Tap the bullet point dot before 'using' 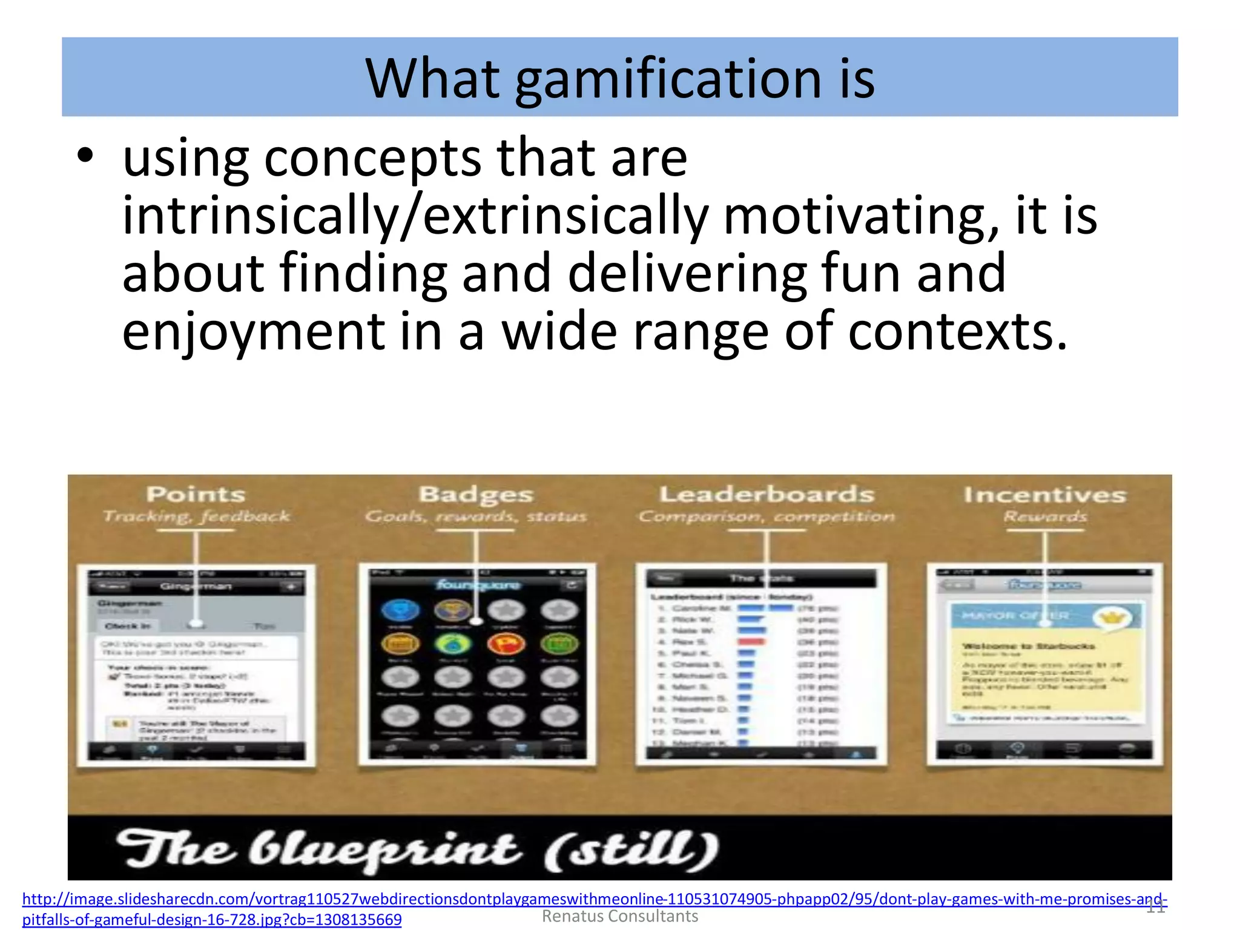[x=85, y=156]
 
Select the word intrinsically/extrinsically [x=415, y=216]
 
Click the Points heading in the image [x=196, y=495]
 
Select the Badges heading [x=476, y=495]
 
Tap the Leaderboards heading [x=767, y=495]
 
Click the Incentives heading [x=1044, y=495]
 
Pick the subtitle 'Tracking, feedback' [x=196, y=516]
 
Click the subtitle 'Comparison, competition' [x=767, y=516]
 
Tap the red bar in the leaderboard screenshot [x=751, y=642]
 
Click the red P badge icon [x=506, y=644]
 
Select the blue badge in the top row [x=400, y=610]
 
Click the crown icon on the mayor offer [x=1113, y=618]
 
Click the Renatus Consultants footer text [x=619, y=917]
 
